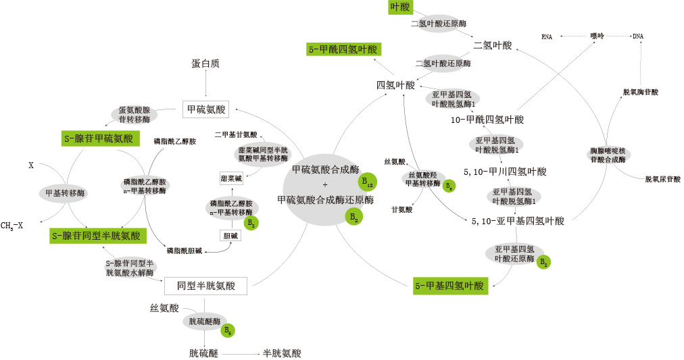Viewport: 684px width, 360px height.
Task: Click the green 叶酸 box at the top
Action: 400,7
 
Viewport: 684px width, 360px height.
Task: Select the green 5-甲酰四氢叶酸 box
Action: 343,49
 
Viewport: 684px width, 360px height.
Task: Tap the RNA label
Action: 547,36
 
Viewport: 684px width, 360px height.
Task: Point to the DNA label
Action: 637,36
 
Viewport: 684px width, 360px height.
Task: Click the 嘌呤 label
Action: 596,36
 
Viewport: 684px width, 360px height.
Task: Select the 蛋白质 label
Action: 205,63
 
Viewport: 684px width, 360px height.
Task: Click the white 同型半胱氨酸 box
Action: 206,286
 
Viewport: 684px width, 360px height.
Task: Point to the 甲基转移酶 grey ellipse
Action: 65,193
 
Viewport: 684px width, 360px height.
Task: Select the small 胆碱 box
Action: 230,236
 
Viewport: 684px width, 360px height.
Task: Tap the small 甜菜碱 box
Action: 231,178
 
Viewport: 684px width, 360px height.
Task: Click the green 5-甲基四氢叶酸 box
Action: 450,286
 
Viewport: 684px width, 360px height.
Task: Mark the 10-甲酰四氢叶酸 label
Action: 487,120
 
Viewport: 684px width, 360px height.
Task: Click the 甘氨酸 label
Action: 401,209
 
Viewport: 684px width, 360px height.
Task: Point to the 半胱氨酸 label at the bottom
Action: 282,353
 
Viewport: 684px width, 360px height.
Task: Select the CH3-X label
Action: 12,226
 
